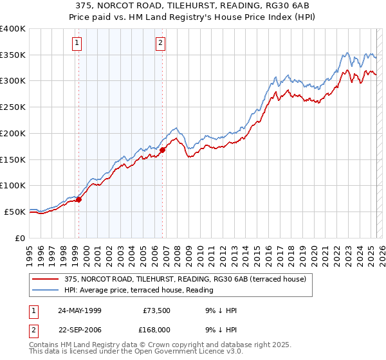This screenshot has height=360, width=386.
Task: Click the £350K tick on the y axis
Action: pos(13,55)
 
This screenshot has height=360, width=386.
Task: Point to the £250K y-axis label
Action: pos(13,107)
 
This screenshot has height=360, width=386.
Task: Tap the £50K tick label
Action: pos(15,212)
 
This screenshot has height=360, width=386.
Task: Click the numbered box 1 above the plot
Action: pos(77,44)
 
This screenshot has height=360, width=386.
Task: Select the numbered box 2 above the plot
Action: pos(160,44)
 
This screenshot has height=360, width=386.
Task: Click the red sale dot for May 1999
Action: pos(79,199)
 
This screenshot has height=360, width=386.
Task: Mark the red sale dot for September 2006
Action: pos(163,150)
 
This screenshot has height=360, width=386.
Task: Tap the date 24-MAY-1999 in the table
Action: pos(80,310)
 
